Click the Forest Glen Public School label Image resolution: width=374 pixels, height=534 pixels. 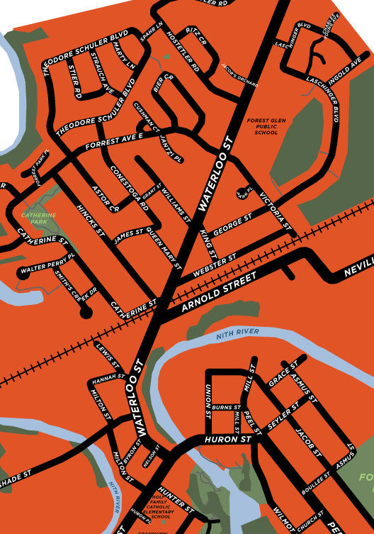(x=262, y=127)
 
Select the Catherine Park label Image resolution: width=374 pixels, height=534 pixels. (x=33, y=218)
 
